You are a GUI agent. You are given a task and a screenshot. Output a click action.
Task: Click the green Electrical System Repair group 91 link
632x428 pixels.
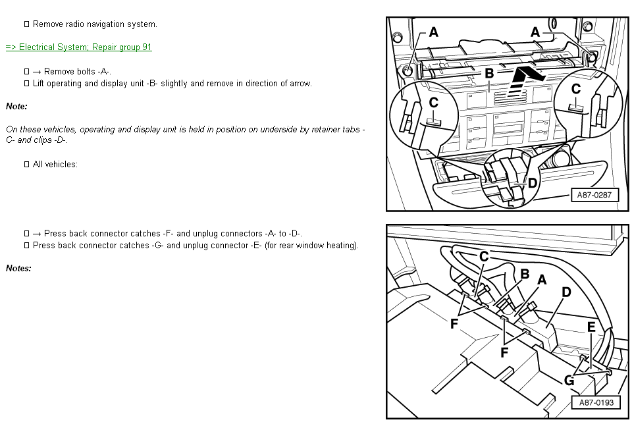(x=78, y=47)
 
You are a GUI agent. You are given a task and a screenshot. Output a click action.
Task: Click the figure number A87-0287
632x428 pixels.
(x=594, y=195)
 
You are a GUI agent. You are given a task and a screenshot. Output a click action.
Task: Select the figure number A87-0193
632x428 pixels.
(x=596, y=402)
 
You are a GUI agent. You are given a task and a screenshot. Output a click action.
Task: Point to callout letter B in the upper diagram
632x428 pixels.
(x=489, y=73)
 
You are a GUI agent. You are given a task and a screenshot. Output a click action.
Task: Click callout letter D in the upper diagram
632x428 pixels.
(x=533, y=183)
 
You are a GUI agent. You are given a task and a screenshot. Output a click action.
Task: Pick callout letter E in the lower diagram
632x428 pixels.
(x=591, y=327)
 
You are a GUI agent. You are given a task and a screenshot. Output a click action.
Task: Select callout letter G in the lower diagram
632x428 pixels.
(x=569, y=380)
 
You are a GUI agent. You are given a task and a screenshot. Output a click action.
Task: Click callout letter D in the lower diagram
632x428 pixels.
(x=566, y=292)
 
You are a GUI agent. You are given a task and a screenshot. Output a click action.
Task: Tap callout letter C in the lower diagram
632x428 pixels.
(x=484, y=256)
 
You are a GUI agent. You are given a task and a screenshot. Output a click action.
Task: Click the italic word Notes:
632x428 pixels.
(x=18, y=269)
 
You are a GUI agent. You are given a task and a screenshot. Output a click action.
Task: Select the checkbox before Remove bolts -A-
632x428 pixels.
(x=26, y=72)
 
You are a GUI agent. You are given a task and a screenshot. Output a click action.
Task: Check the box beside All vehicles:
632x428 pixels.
(x=26, y=165)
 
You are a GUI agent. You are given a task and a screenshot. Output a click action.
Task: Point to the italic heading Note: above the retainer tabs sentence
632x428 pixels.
(x=16, y=107)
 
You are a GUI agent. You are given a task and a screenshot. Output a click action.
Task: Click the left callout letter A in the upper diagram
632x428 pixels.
(x=433, y=32)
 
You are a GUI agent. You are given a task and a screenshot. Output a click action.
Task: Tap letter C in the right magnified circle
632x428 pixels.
(x=576, y=89)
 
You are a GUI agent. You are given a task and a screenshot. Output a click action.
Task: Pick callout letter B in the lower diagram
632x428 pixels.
(x=525, y=274)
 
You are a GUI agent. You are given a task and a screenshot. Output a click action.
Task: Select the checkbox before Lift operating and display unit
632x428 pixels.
(x=26, y=84)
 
